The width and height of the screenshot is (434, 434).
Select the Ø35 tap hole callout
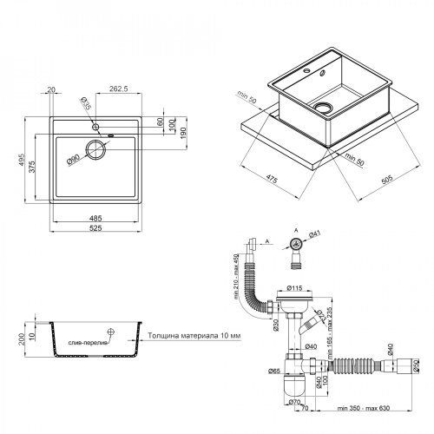[x=86, y=107]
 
